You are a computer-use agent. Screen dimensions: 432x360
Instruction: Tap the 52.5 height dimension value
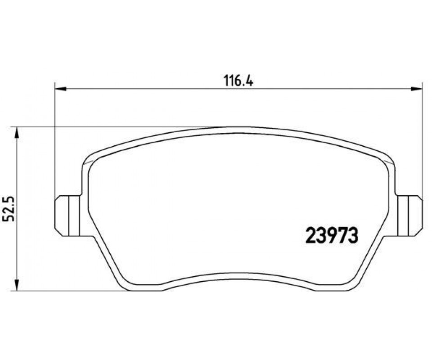click(x=9, y=209)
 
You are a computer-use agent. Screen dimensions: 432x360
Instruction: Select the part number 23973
click(x=333, y=236)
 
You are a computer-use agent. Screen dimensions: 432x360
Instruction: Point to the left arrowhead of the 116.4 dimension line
click(x=61, y=89)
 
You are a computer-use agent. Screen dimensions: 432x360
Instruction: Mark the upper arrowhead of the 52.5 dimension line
click(x=17, y=132)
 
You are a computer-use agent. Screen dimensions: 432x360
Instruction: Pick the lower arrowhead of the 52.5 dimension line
click(x=17, y=285)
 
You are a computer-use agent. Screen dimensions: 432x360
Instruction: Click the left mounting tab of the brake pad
click(x=67, y=216)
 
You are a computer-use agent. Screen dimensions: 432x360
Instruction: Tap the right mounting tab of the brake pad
click(x=409, y=216)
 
